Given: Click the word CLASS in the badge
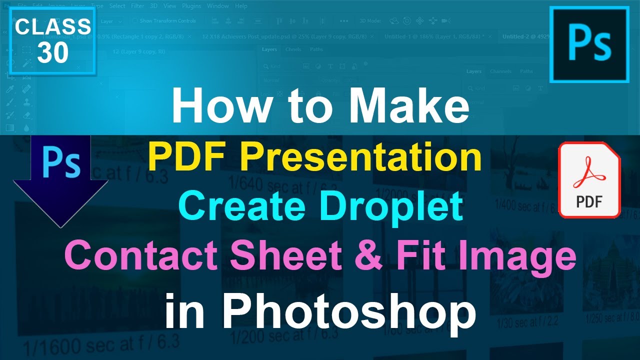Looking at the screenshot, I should click(52, 27).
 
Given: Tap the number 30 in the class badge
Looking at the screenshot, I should click(52, 52).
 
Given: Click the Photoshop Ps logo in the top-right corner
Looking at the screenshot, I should click(589, 44).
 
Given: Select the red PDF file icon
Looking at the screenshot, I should click(589, 179).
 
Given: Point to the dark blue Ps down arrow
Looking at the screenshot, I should click(60, 180).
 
